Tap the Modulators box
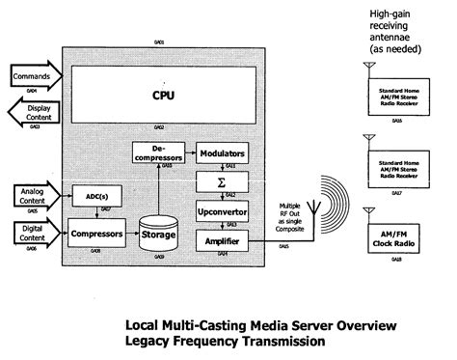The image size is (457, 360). pos(221,153)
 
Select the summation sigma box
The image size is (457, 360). pos(221,181)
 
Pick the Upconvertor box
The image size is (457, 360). pos(221,209)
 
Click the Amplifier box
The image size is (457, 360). pos(221,237)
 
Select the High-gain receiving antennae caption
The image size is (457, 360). pos(395,28)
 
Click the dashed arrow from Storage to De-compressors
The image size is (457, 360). pos(157,187)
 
